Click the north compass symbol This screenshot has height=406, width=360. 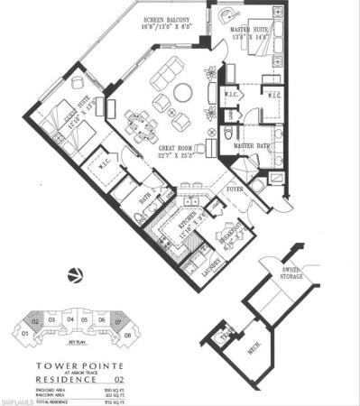point(74,277)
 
